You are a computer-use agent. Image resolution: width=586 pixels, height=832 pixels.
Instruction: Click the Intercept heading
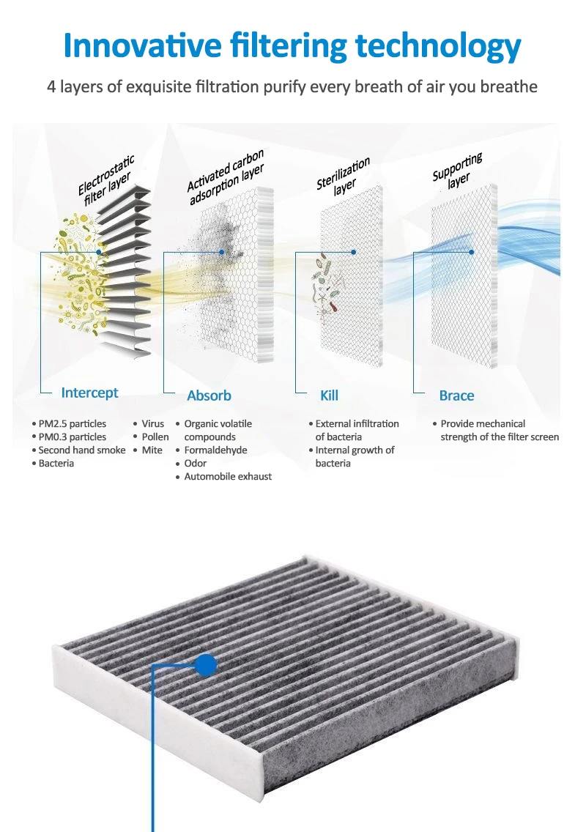(x=89, y=393)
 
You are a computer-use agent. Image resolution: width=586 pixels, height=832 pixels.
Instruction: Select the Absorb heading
(x=209, y=395)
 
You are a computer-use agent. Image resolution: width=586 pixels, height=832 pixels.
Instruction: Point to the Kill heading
(x=329, y=395)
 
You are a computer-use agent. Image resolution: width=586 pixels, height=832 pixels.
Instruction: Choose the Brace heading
(x=456, y=395)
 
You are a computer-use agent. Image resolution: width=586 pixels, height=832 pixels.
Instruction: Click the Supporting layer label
(x=458, y=171)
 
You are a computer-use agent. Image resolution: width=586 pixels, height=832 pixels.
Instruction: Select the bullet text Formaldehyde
(x=215, y=450)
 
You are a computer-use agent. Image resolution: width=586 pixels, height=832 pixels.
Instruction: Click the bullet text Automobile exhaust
(x=228, y=476)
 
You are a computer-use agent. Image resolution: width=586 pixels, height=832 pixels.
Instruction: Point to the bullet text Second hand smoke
(x=82, y=450)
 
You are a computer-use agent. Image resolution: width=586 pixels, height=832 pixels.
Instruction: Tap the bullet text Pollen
(x=155, y=437)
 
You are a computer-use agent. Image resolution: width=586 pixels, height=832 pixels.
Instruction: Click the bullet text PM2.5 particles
(x=73, y=423)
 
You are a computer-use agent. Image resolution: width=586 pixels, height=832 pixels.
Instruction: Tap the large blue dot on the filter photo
(x=206, y=664)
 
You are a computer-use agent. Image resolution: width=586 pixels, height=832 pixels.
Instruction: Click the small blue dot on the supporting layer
(x=472, y=252)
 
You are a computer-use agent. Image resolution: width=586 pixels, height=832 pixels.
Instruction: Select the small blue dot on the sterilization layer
(x=353, y=252)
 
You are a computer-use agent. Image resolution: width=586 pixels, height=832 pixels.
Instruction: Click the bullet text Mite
(x=152, y=450)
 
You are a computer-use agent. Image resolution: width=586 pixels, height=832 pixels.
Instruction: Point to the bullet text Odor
(x=196, y=463)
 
